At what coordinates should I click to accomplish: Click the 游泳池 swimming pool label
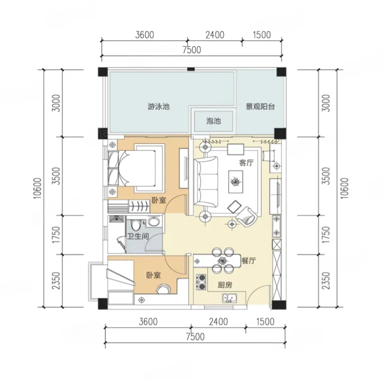tap(159, 107)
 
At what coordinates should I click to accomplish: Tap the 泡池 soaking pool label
tap(214, 121)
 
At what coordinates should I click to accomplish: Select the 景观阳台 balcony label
tap(260, 107)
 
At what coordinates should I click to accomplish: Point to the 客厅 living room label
tap(246, 162)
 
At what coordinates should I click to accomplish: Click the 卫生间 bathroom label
tap(138, 236)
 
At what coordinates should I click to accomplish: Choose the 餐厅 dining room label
tap(248, 260)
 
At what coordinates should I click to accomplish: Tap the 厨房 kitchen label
tap(225, 285)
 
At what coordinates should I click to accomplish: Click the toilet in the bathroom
tap(135, 225)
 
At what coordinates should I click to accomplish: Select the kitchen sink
tap(229, 298)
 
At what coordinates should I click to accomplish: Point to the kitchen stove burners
tap(202, 282)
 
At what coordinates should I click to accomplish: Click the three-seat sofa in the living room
tap(206, 182)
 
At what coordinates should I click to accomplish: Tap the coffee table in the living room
tap(236, 181)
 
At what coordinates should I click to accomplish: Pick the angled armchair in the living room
tap(247, 217)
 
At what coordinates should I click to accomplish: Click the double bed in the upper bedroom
tap(132, 169)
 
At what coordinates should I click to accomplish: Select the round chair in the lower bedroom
tap(164, 289)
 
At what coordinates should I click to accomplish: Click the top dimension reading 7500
tap(191, 50)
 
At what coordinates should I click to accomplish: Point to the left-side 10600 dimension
tap(37, 188)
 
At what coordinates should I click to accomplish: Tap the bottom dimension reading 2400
tap(219, 322)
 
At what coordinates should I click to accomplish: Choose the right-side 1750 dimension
tap(326, 235)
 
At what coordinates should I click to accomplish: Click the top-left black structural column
tap(103, 72)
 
